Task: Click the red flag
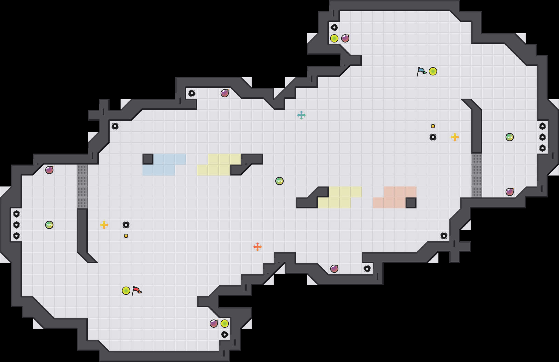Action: [x=136, y=290]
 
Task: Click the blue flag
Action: [x=421, y=71]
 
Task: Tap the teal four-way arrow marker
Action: [x=301, y=115]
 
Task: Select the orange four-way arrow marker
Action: [x=258, y=247]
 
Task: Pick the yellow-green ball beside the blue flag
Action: [x=433, y=71]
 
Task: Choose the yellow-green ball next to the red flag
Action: [x=126, y=291]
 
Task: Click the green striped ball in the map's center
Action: [x=279, y=181]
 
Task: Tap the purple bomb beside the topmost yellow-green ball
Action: [x=345, y=38]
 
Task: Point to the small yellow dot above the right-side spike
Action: [x=433, y=126]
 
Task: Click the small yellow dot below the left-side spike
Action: [x=126, y=236]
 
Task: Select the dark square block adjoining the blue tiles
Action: [x=148, y=159]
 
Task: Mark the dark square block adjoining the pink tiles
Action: [x=411, y=203]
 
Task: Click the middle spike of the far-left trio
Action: [x=16, y=225]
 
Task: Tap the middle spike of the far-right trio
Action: [x=543, y=137]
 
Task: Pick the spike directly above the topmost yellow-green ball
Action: [x=334, y=27]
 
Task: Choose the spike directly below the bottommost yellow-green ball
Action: [x=225, y=335]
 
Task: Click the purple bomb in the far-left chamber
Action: [x=49, y=170]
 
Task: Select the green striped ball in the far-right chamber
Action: [x=510, y=137]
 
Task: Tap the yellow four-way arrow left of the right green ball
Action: [x=455, y=137]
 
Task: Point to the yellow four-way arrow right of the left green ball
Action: [x=104, y=225]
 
